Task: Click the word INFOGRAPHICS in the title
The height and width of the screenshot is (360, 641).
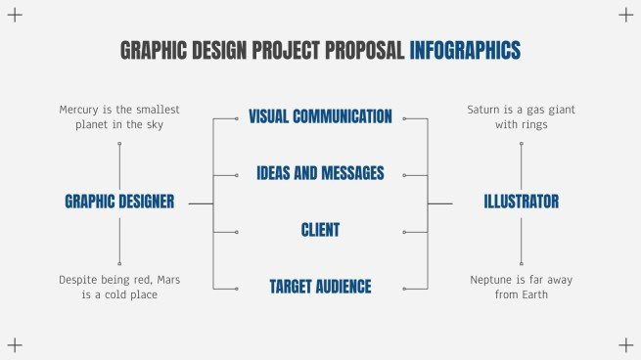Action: pos(465,50)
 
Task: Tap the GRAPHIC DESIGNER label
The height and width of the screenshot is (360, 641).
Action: pos(119,202)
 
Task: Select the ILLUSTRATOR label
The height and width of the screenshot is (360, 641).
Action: pos(522,202)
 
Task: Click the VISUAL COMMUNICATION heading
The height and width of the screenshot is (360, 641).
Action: pos(320,117)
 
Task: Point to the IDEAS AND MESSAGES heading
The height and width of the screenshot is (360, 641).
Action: pos(320,173)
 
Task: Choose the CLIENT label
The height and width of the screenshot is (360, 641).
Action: pos(320,230)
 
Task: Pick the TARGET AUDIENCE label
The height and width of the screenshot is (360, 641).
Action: pos(320,287)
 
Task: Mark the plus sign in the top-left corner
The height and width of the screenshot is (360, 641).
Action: pos(15,15)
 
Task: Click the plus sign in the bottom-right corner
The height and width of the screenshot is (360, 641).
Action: pos(626,344)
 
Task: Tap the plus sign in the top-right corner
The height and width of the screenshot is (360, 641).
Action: pos(626,15)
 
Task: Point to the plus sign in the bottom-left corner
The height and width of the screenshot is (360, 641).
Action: pos(15,344)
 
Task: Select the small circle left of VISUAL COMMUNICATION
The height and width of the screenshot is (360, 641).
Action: pos(237,118)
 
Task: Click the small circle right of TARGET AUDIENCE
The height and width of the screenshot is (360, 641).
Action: pos(403,288)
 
